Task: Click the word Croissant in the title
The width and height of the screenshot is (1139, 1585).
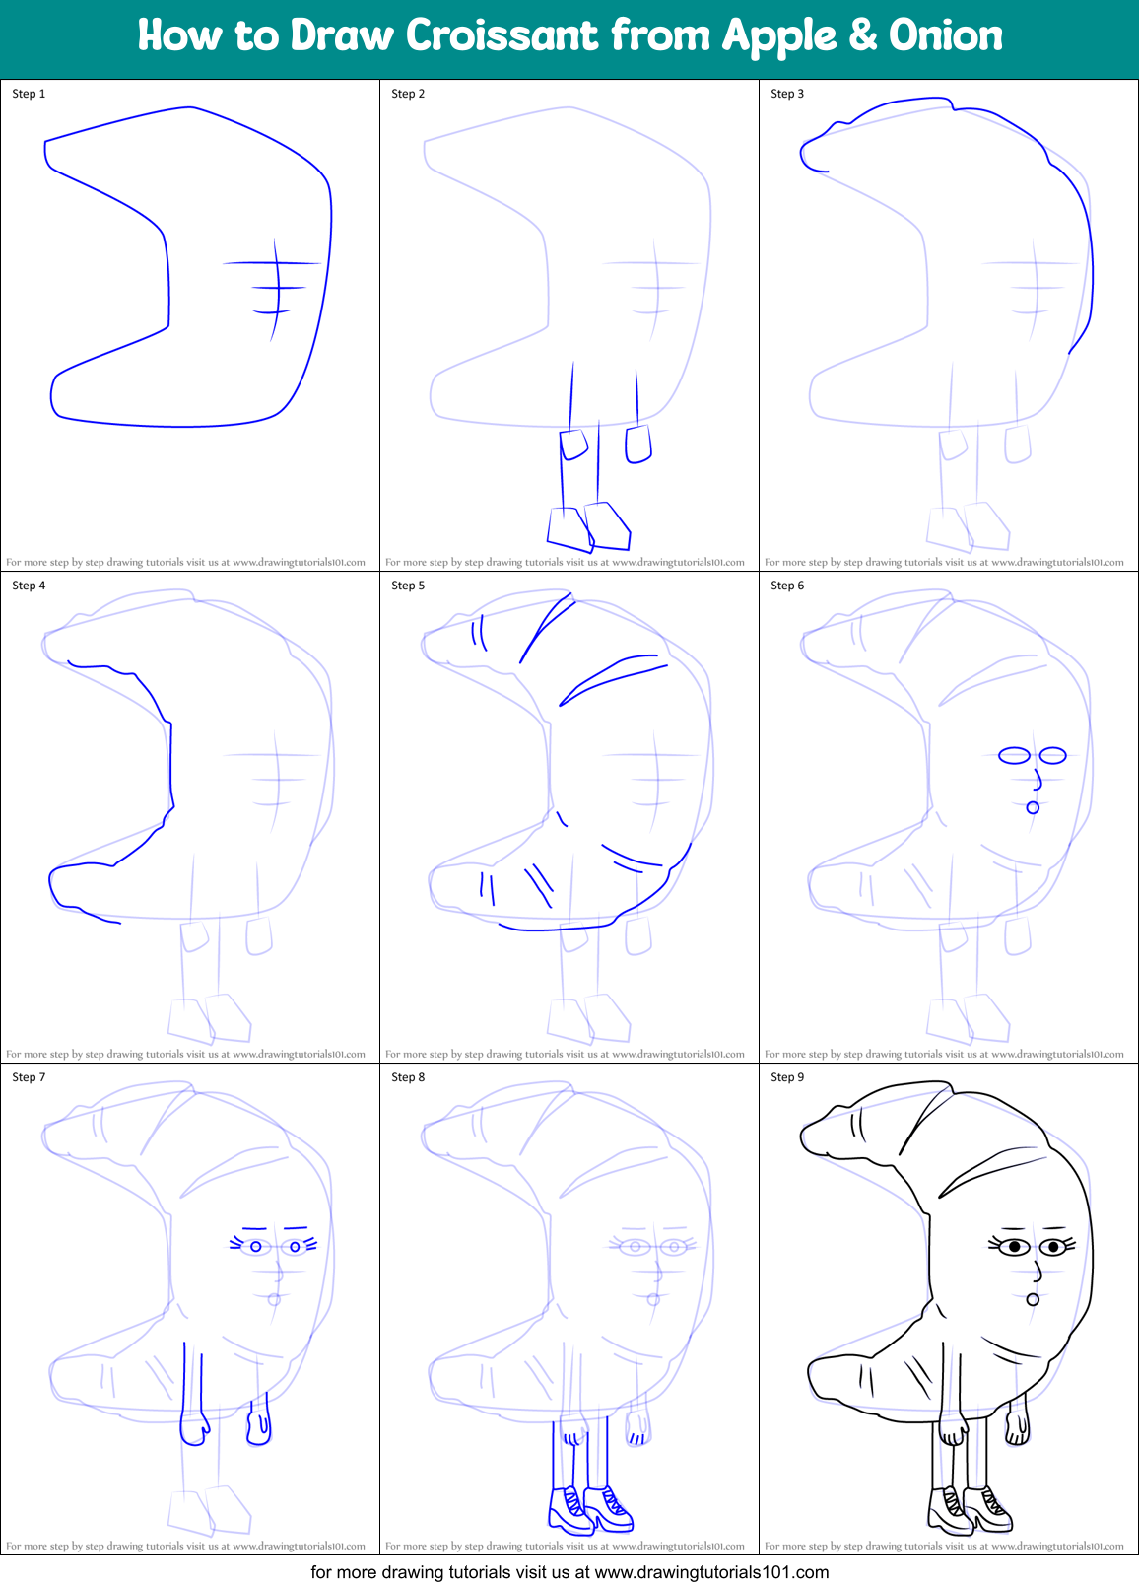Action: tap(502, 36)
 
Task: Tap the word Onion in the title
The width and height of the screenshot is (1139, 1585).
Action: tap(945, 36)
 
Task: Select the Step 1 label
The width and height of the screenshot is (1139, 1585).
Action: tap(29, 94)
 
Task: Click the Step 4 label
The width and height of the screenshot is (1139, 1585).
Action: tap(29, 586)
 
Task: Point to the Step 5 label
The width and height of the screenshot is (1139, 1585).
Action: tap(408, 586)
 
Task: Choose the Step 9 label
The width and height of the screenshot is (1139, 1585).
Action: tap(787, 1077)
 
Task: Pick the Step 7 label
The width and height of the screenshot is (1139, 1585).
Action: tap(29, 1077)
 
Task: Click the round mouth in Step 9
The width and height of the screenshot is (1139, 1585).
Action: tap(1033, 1299)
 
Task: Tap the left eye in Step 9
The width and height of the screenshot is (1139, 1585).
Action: tap(1015, 1248)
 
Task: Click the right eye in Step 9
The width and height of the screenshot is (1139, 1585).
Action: tap(1054, 1248)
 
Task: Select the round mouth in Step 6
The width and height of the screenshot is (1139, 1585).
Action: tap(1033, 807)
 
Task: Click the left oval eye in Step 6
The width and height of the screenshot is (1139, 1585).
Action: tap(1014, 756)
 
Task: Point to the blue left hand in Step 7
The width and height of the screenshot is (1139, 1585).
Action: tap(194, 1428)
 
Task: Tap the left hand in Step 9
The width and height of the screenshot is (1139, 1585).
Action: tap(953, 1428)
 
